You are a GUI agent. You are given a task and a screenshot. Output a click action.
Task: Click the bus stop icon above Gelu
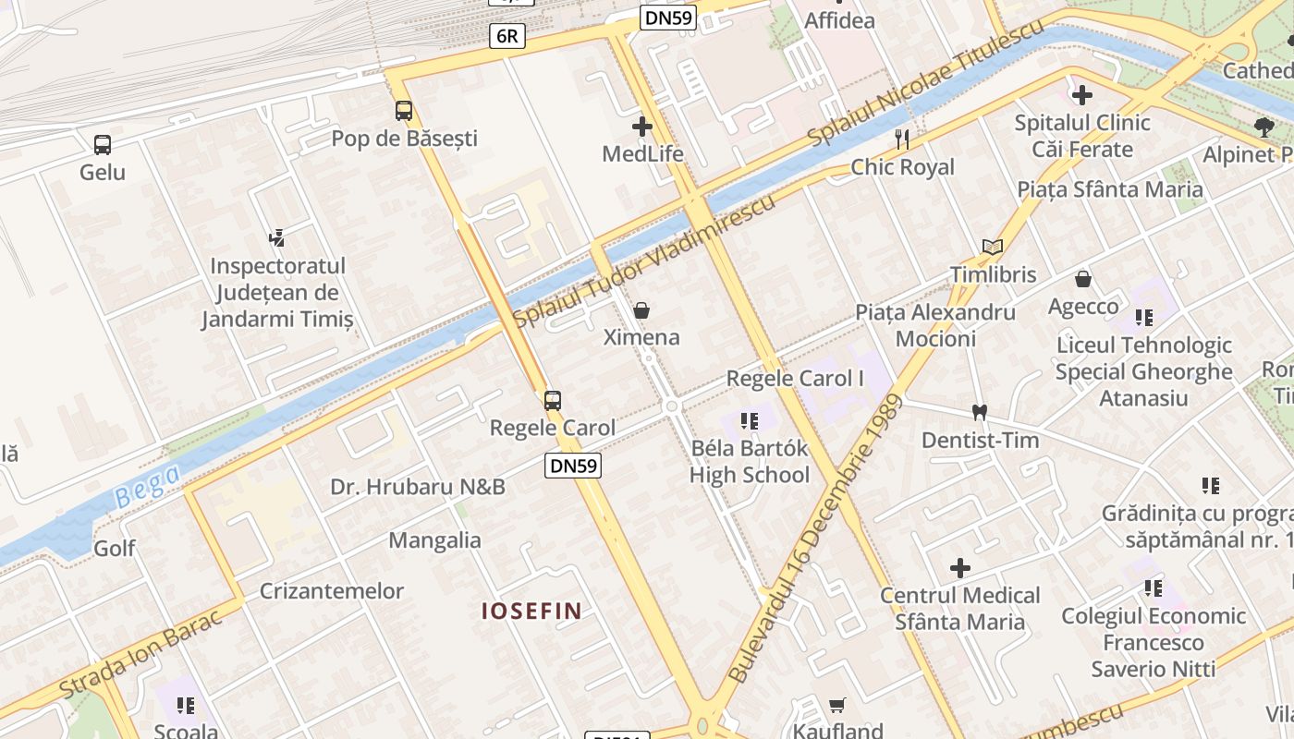tap(103, 145)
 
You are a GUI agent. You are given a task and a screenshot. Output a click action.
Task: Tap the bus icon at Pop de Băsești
tap(404, 111)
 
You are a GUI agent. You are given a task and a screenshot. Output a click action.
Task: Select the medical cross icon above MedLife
tap(642, 127)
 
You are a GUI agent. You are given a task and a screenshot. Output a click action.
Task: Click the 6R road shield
tap(507, 36)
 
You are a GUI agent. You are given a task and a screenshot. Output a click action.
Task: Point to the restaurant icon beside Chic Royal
tap(902, 139)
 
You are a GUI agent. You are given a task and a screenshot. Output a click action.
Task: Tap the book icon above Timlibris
tap(993, 248)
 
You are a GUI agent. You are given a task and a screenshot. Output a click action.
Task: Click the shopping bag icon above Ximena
tap(641, 310)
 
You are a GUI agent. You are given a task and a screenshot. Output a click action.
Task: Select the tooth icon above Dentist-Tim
tap(979, 412)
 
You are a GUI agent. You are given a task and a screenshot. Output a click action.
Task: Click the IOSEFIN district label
tap(531, 611)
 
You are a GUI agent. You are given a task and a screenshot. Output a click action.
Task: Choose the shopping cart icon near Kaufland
tap(837, 706)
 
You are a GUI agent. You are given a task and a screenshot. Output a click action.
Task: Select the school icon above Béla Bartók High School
tap(750, 421)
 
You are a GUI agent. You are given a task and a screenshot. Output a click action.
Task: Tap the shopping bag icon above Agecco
tap(1083, 279)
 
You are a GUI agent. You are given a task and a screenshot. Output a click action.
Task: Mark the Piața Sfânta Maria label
tap(1110, 190)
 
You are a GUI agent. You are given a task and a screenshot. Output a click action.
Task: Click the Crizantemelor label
tap(332, 591)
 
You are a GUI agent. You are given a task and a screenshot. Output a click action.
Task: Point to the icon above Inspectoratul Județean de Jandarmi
tap(276, 238)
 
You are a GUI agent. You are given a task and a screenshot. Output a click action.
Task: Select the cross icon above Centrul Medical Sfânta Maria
tap(960, 567)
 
